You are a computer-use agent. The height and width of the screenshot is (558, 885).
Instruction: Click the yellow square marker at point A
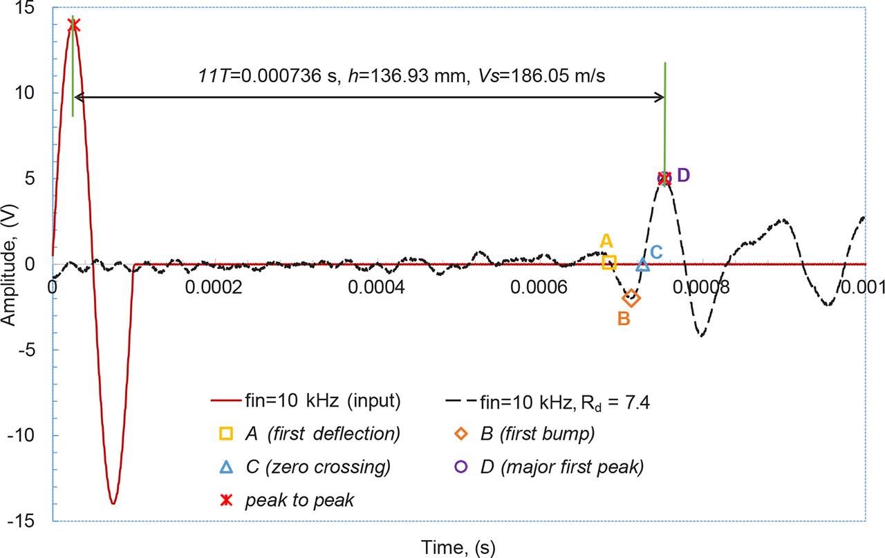[x=609, y=262]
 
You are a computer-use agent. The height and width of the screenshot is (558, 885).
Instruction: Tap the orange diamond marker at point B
[x=631, y=299]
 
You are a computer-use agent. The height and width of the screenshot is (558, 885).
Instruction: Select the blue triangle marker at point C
[x=642, y=264]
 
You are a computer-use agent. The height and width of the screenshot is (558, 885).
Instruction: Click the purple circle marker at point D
[x=664, y=178]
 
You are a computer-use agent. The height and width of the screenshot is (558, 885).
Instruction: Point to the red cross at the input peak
[x=73, y=25]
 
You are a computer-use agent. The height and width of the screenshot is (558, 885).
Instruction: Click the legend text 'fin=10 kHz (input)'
[x=324, y=401]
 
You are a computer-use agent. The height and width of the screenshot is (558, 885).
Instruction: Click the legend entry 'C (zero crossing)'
[x=317, y=467]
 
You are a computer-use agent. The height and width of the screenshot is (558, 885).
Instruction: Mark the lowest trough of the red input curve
[x=113, y=503]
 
